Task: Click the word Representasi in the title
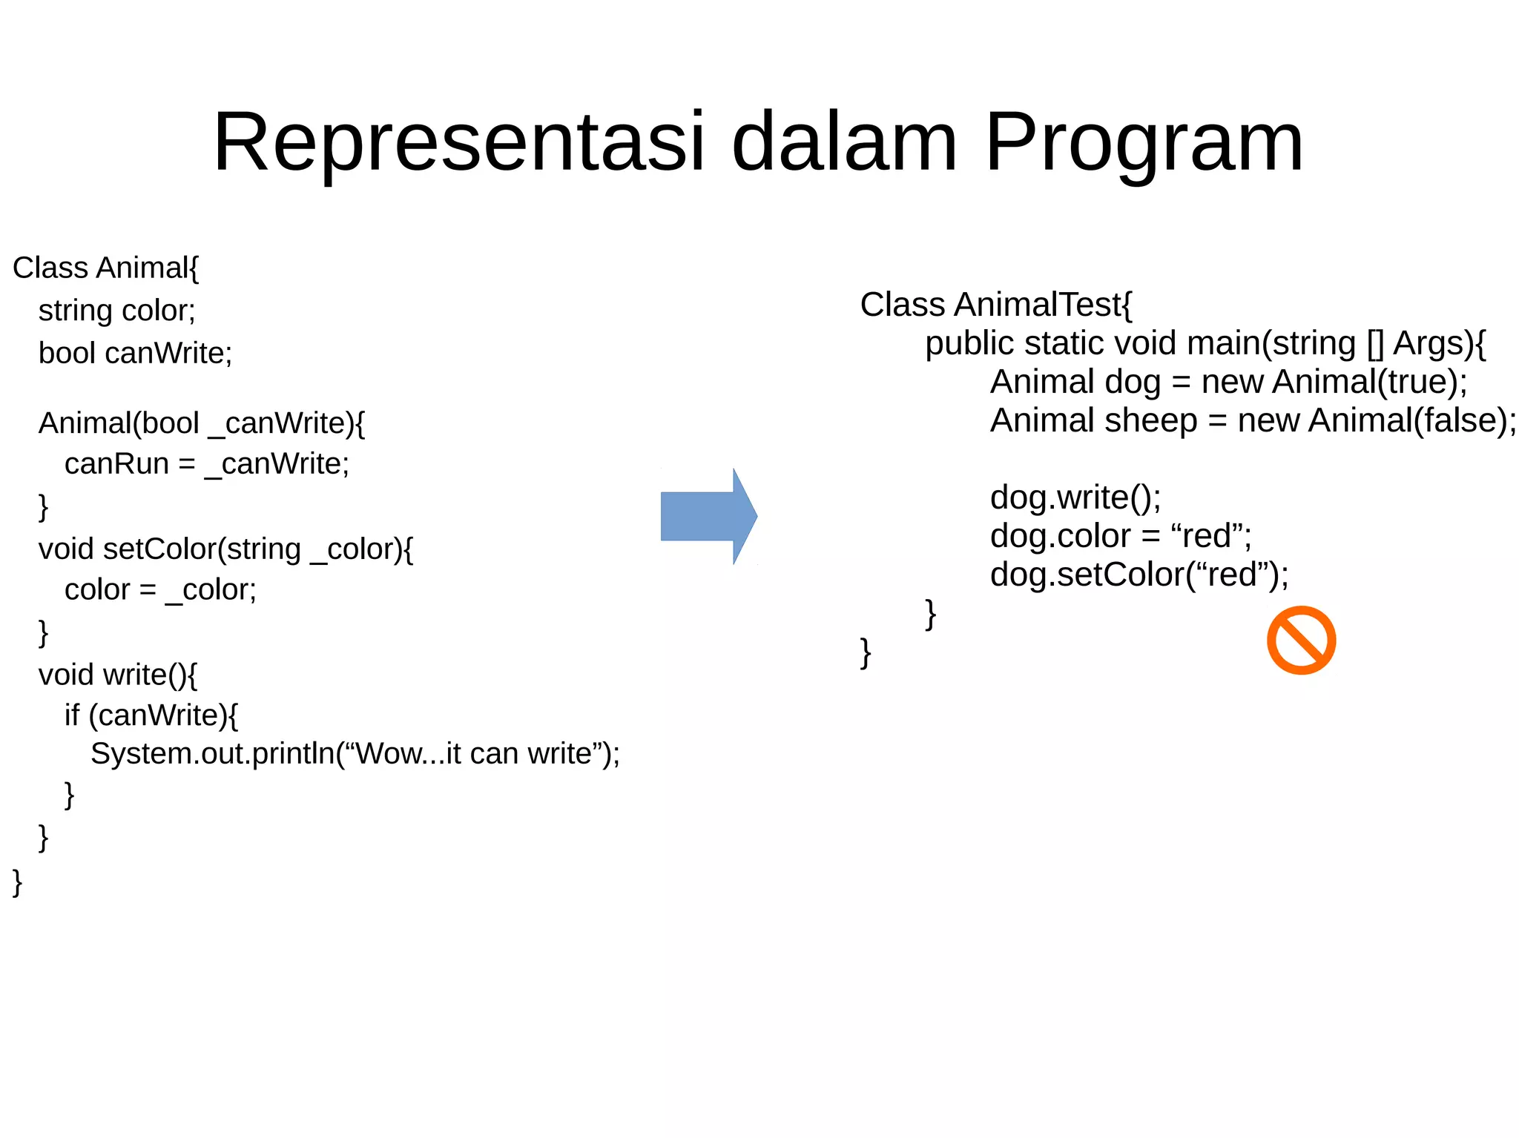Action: (458, 142)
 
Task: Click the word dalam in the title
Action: (844, 142)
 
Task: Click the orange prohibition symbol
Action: (1301, 641)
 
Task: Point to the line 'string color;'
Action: (117, 311)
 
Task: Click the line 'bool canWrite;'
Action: (135, 353)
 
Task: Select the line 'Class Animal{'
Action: (106, 268)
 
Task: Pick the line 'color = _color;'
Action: (160, 590)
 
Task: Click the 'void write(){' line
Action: (118, 675)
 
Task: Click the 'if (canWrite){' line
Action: (151, 715)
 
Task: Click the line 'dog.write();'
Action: (1075, 497)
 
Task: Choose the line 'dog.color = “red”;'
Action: (1121, 536)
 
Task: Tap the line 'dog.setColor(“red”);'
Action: (1139, 575)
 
